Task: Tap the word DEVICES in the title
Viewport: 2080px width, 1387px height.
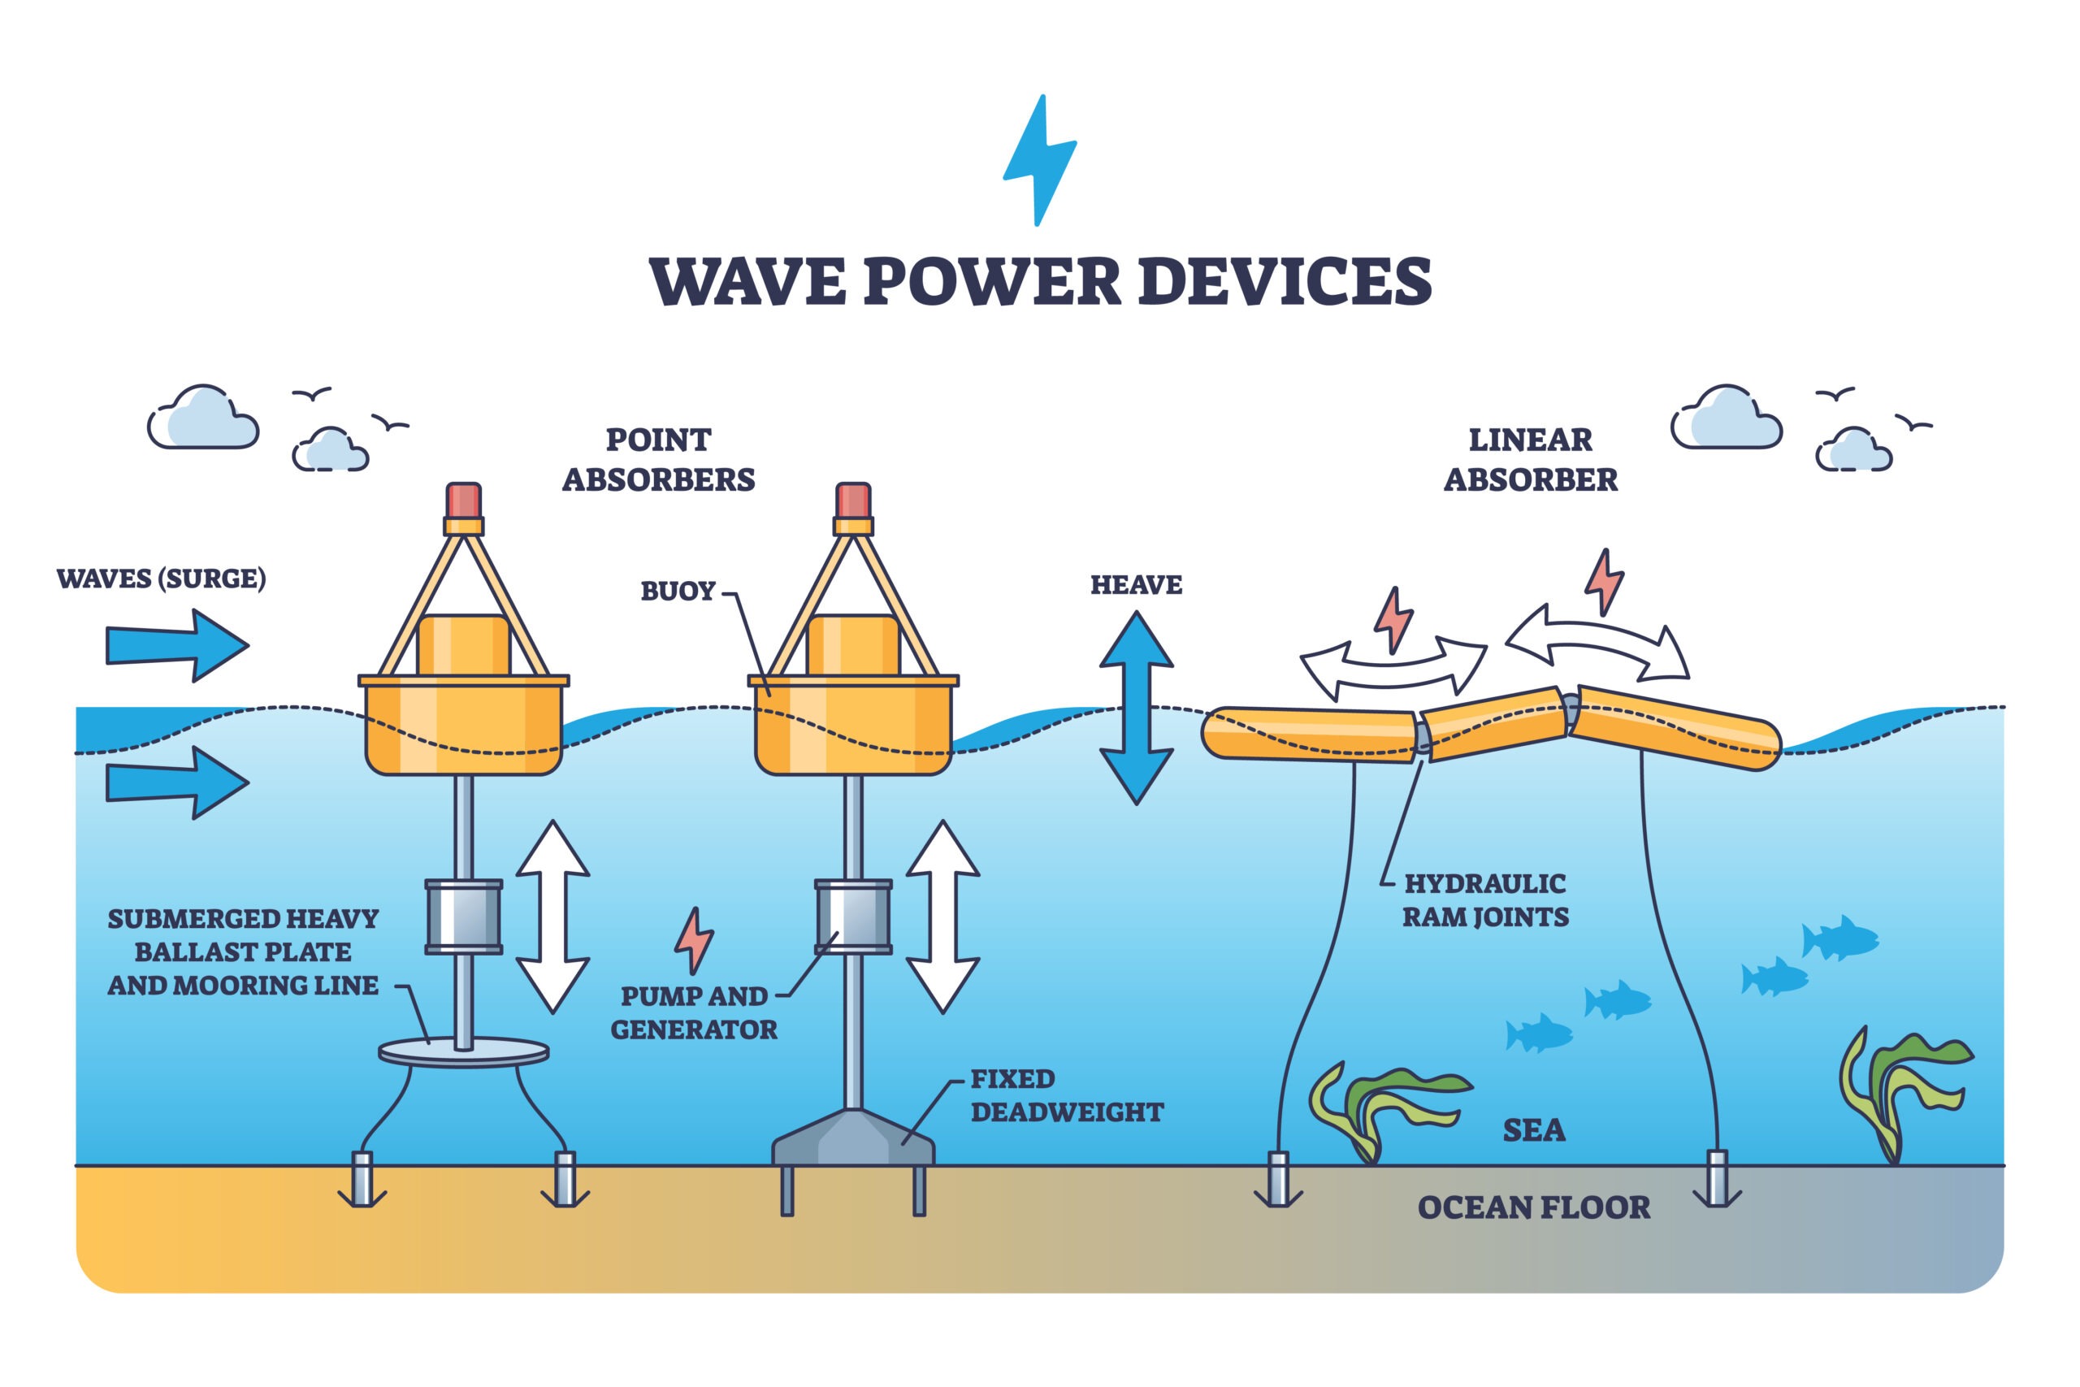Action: [x=1286, y=282]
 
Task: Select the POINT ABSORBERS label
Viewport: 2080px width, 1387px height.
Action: [x=659, y=459]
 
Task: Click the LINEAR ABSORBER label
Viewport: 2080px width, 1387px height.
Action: [x=1531, y=459]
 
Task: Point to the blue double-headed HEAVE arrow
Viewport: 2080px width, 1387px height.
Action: [x=1137, y=708]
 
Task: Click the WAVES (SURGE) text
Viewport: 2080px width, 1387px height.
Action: [x=161, y=579]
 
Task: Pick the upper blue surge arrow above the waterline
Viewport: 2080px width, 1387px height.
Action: [x=178, y=645]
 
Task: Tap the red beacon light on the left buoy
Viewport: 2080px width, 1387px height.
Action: [x=464, y=501]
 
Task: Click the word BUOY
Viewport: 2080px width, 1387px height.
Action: [x=678, y=591]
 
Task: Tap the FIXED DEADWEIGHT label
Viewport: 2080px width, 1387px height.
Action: [x=1068, y=1096]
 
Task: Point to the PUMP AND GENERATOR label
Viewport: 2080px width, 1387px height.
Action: [x=694, y=1013]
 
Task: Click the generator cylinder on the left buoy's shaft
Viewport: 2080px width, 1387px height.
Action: [x=463, y=917]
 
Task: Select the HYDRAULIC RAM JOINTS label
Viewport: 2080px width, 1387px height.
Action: [x=1486, y=900]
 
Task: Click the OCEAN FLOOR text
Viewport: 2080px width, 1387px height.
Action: [x=1534, y=1207]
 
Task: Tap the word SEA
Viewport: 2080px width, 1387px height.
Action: [x=1534, y=1130]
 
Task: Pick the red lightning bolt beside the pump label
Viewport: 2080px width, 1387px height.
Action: [x=694, y=940]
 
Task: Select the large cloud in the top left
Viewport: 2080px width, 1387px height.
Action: [x=203, y=418]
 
